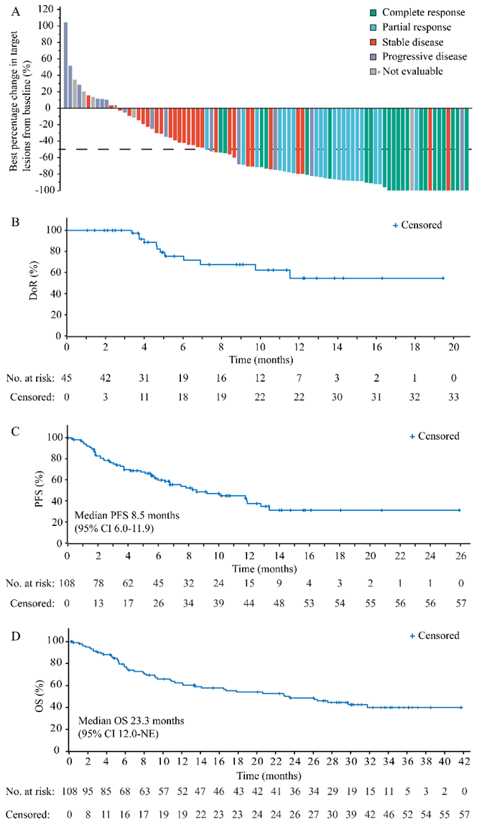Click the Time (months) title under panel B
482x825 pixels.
(x=255, y=358)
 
